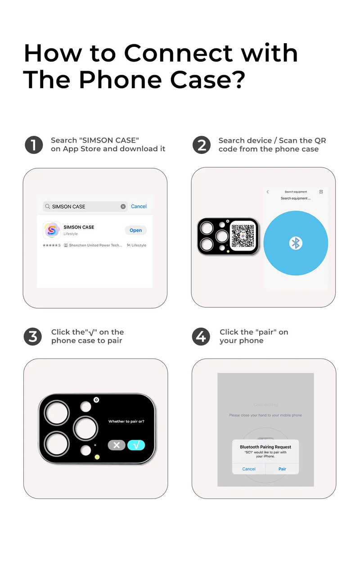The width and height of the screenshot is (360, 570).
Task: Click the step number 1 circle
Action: [x=34, y=145]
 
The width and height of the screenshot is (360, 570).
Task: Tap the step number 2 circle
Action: [x=202, y=145]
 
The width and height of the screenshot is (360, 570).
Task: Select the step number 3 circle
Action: [x=33, y=337]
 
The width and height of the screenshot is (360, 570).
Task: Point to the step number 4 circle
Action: [x=201, y=337]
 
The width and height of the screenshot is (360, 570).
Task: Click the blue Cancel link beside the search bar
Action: [x=139, y=206]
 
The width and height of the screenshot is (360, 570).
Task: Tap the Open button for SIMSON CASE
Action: [x=135, y=230]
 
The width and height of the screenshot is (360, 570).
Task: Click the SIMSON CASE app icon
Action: [x=51, y=230]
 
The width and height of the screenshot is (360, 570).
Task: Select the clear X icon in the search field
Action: [x=123, y=206]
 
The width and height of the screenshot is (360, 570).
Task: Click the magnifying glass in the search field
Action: [x=47, y=206]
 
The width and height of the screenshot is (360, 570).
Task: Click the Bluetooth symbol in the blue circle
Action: [x=296, y=243]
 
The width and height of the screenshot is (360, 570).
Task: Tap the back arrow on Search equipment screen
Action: [x=268, y=192]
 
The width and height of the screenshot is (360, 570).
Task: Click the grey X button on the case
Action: [x=117, y=445]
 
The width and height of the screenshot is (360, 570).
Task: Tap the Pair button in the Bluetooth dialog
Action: [x=282, y=469]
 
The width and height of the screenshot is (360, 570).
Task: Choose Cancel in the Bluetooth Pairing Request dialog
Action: [x=249, y=469]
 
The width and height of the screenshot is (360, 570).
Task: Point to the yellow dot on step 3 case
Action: [x=97, y=457]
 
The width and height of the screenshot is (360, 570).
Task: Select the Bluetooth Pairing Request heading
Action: [x=265, y=447]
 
